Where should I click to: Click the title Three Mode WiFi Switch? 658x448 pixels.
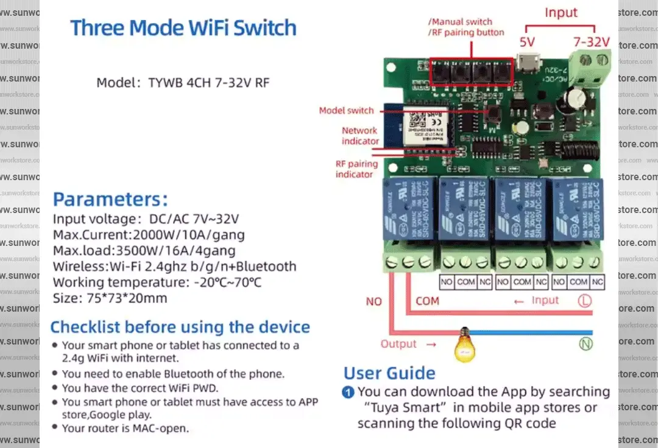[x=183, y=28]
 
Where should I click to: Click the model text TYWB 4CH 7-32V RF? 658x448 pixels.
[x=208, y=83]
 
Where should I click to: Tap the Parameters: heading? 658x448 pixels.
[x=110, y=199]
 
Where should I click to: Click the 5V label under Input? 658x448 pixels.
[x=528, y=42]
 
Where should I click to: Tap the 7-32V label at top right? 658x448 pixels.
[x=591, y=42]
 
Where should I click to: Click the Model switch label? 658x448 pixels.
[x=347, y=111]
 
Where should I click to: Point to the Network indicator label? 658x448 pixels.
[x=359, y=136]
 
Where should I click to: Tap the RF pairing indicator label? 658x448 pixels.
[x=356, y=169]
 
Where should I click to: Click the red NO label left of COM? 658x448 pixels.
[x=373, y=301]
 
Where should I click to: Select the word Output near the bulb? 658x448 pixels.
[x=399, y=344]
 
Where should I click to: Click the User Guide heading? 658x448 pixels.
[x=389, y=373]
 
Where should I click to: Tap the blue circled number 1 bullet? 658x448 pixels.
[x=348, y=392]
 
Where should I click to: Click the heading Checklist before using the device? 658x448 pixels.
[x=180, y=327]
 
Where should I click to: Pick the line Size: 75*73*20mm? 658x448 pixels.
[x=110, y=298]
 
